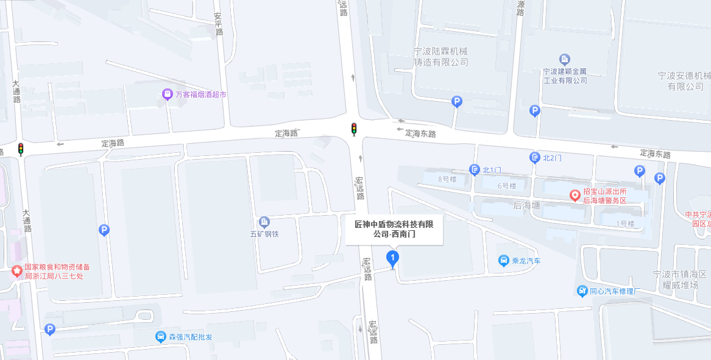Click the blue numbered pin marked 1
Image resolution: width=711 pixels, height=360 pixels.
click(393, 259)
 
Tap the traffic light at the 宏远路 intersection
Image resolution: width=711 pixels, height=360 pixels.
click(353, 129)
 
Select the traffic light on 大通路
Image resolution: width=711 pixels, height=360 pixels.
click(21, 149)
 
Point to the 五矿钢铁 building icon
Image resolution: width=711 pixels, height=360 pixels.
click(264, 222)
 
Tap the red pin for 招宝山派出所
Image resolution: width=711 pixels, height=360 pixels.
click(575, 195)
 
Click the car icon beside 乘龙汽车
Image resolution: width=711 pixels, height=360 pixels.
click(504, 261)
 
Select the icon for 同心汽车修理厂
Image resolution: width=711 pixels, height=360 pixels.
click(582, 291)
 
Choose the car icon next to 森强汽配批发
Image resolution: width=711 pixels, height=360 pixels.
click(160, 337)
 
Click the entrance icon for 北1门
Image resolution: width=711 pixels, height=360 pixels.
click(474, 169)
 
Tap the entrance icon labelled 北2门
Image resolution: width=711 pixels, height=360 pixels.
click(534, 158)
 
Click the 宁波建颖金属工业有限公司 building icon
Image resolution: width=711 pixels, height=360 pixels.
click(565, 59)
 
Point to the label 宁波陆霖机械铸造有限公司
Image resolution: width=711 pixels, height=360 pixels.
click(441, 57)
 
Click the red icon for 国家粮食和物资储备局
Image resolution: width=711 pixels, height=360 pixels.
click(16, 270)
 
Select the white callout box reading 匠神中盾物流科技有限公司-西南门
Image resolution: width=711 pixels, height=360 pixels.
click(394, 229)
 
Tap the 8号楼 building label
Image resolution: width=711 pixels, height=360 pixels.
click(447, 179)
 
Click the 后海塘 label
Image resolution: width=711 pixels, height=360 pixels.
click(526, 205)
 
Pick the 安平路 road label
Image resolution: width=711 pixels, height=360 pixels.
click(218, 24)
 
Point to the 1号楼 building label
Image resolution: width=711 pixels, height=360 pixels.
click(625, 224)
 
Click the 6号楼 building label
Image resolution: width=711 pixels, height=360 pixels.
click(507, 186)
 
